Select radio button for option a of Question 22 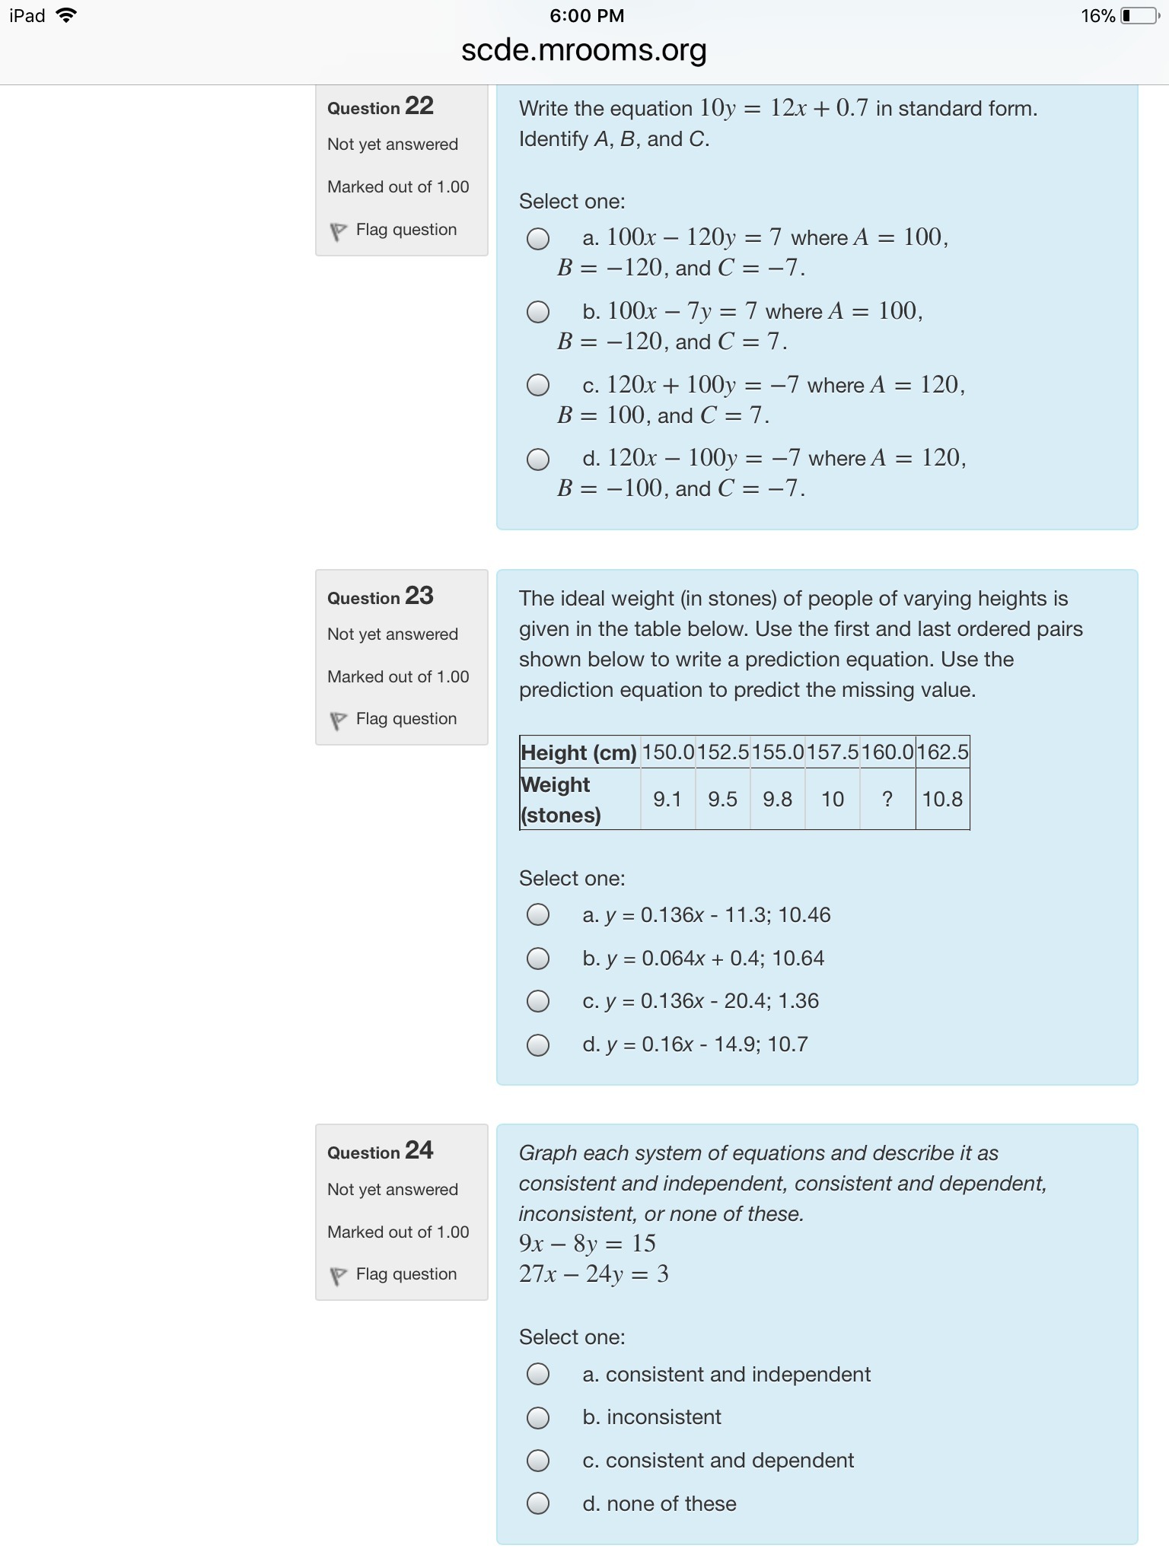click(x=538, y=239)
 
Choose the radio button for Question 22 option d click(x=538, y=459)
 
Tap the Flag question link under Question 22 click(x=406, y=230)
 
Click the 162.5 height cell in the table click(x=942, y=752)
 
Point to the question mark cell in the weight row click(x=887, y=799)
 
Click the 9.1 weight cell click(x=667, y=799)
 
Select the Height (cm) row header click(x=578, y=752)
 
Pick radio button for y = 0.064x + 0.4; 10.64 click(x=538, y=959)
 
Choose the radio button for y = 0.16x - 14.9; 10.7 click(x=538, y=1045)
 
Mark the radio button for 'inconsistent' click(x=538, y=1418)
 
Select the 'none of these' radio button click(x=538, y=1504)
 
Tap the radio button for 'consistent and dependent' click(x=538, y=1461)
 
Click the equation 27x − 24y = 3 click(x=594, y=1274)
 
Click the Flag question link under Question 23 click(x=406, y=719)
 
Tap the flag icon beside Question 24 click(x=338, y=1276)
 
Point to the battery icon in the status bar click(x=1139, y=16)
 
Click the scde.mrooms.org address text click(x=584, y=51)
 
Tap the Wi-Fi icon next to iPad click(x=67, y=15)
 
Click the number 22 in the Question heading click(x=419, y=106)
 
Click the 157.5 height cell click(x=832, y=752)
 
